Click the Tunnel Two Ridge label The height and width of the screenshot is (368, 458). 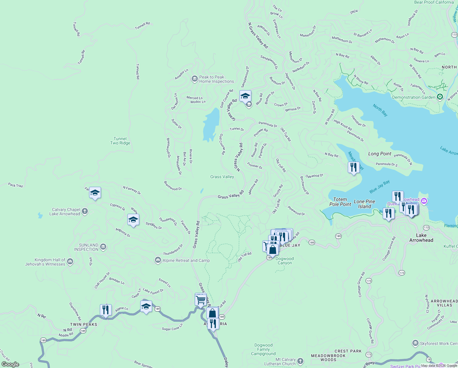point(120,141)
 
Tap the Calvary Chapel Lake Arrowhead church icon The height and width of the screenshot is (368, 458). point(85,211)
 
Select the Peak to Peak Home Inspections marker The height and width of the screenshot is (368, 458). point(194,79)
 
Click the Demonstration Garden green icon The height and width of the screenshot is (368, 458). point(440,97)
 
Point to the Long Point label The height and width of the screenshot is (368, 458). point(380,154)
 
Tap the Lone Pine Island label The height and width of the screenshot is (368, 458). point(364,204)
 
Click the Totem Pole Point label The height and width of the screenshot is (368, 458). point(340,202)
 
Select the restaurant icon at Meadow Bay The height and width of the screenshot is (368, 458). point(354,167)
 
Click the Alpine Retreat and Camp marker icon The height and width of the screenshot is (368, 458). point(158,260)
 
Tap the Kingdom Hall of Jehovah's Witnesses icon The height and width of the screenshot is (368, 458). point(70,262)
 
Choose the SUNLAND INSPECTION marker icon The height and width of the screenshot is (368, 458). point(103,247)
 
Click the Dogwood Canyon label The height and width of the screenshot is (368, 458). point(284,261)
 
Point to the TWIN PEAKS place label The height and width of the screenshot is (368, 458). point(84,324)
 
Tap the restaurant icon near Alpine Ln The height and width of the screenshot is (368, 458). point(106,310)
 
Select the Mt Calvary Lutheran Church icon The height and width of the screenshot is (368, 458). point(301,361)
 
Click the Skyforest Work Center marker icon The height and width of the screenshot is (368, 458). point(415,343)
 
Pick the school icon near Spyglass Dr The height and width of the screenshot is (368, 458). point(133,220)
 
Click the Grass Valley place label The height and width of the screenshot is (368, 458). point(222,177)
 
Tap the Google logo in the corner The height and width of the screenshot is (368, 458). point(10,364)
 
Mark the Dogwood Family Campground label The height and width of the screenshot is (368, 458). point(263,349)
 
